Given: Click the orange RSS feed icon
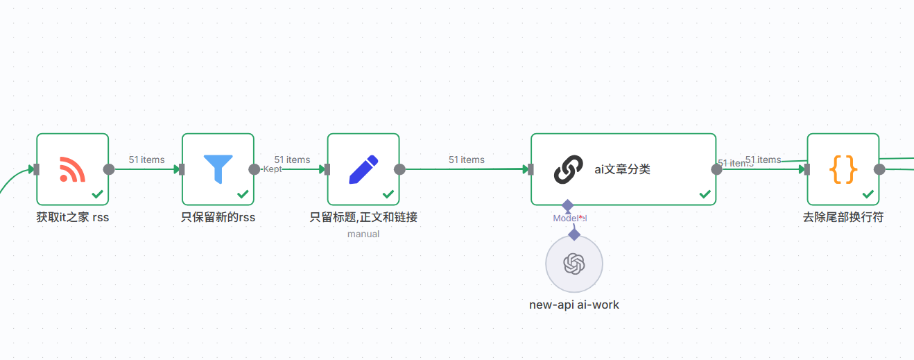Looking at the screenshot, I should pyautogui.click(x=72, y=169).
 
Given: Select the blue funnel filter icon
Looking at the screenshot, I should pyautogui.click(x=218, y=169).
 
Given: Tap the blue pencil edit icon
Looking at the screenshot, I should pyautogui.click(x=363, y=169).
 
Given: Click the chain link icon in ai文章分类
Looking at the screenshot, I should pyautogui.click(x=568, y=169).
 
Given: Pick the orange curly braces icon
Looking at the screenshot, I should pyautogui.click(x=843, y=169).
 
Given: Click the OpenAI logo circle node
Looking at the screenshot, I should pyautogui.click(x=574, y=264).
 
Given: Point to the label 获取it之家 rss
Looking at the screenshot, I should pyautogui.click(x=73, y=217).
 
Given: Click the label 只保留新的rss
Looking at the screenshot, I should pyautogui.click(x=218, y=217).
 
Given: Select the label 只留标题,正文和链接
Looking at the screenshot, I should pyautogui.click(x=363, y=217).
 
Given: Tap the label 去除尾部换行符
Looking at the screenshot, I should pyautogui.click(x=843, y=217).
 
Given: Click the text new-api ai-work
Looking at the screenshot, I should pyautogui.click(x=574, y=305).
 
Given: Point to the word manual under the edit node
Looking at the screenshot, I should pyautogui.click(x=363, y=234).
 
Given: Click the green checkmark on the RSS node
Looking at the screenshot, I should pyautogui.click(x=97, y=194).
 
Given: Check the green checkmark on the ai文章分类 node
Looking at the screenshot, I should pyautogui.click(x=705, y=194).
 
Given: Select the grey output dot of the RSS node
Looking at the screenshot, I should pyautogui.click(x=109, y=169).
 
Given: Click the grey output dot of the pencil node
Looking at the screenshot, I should pyautogui.click(x=399, y=169).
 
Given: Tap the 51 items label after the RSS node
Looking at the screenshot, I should pyautogui.click(x=146, y=160).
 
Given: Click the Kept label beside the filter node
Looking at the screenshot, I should pyautogui.click(x=272, y=169).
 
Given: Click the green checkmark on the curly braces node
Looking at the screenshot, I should pyautogui.click(x=868, y=194).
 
